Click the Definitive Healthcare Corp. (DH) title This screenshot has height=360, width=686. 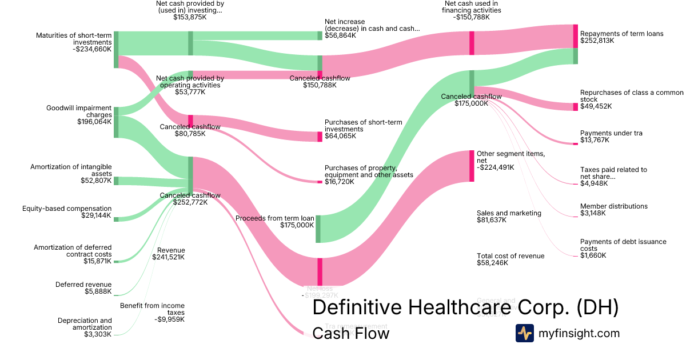[x=465, y=307]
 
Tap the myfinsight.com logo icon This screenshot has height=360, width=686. [x=524, y=333]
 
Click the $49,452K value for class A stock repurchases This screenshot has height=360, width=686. [x=596, y=106]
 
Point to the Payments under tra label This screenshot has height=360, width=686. [x=611, y=133]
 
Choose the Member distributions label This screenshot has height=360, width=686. [x=613, y=206]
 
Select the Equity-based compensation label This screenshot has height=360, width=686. [x=67, y=209]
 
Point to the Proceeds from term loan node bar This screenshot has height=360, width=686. [x=318, y=229]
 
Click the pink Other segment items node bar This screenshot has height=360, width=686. [x=472, y=166]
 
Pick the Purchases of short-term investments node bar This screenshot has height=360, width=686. [x=320, y=137]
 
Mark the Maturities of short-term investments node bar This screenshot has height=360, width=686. [x=116, y=50]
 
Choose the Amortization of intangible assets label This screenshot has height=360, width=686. [x=71, y=170]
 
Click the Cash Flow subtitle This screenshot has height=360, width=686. [x=350, y=333]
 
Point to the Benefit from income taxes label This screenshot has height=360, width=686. [x=152, y=309]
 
